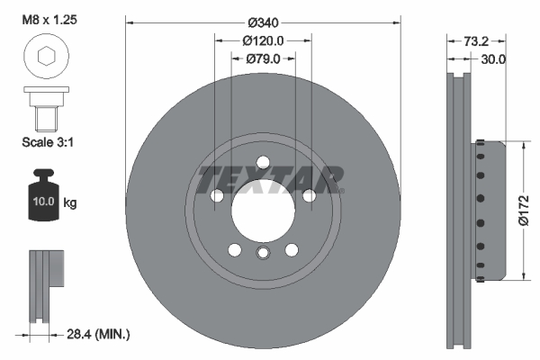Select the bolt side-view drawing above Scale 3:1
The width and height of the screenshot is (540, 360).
pyautogui.click(x=44, y=107)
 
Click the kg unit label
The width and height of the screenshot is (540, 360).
pyautogui.click(x=71, y=203)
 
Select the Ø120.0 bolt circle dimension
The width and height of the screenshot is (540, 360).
pyautogui.click(x=263, y=40)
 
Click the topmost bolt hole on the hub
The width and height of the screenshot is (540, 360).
pyautogui.click(x=263, y=163)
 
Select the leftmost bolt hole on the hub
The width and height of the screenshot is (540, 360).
pyautogui.click(x=216, y=196)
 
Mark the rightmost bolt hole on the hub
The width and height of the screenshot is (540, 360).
pyautogui.click(x=310, y=196)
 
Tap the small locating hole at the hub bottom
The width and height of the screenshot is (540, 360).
pyautogui.click(x=263, y=254)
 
